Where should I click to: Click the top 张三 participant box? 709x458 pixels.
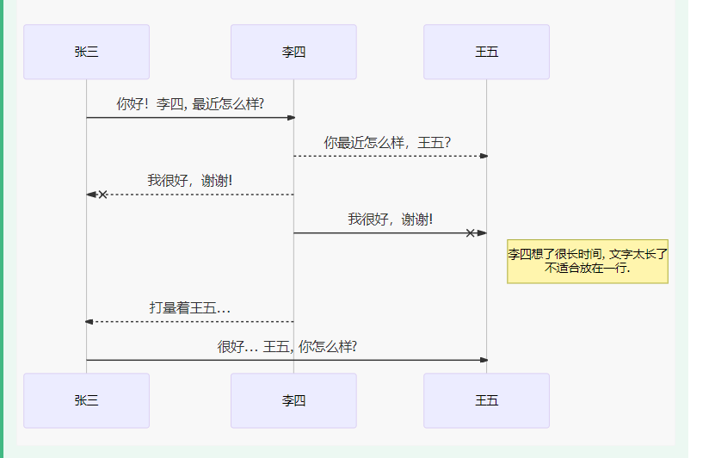(86, 52)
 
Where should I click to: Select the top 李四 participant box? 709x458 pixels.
(293, 52)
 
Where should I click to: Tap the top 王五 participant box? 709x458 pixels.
(486, 52)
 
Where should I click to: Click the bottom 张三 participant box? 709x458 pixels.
(86, 400)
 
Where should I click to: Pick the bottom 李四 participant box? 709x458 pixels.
(293, 400)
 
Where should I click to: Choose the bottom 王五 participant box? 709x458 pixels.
(486, 400)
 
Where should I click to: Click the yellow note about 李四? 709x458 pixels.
(588, 261)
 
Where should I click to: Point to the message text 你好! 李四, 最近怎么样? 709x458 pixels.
(190, 104)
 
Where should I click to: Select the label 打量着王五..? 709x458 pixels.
(189, 307)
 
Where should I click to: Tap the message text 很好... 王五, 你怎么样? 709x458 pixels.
(287, 346)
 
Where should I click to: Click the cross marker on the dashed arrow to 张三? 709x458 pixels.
(103, 195)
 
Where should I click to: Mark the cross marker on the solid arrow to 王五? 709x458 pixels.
(470, 233)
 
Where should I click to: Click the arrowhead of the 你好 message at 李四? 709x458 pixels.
(291, 118)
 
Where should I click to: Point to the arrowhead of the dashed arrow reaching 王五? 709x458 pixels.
(484, 156)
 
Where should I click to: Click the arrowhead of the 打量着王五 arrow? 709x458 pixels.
(89, 322)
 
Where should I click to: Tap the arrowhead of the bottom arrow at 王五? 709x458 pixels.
(484, 360)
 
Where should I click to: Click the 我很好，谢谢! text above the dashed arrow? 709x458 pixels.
(189, 181)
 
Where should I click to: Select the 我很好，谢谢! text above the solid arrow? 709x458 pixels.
(390, 220)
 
